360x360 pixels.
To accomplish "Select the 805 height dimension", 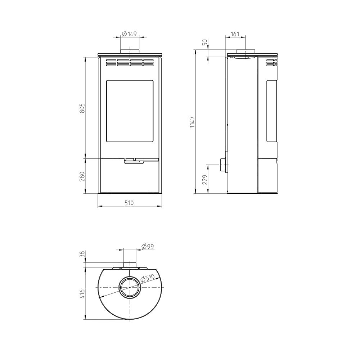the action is (82, 108).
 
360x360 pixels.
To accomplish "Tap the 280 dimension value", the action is (82, 176).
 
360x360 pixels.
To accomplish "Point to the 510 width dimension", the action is (129, 203).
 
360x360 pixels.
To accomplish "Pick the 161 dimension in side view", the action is (235, 34).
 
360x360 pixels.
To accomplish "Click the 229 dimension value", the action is (205, 180).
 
